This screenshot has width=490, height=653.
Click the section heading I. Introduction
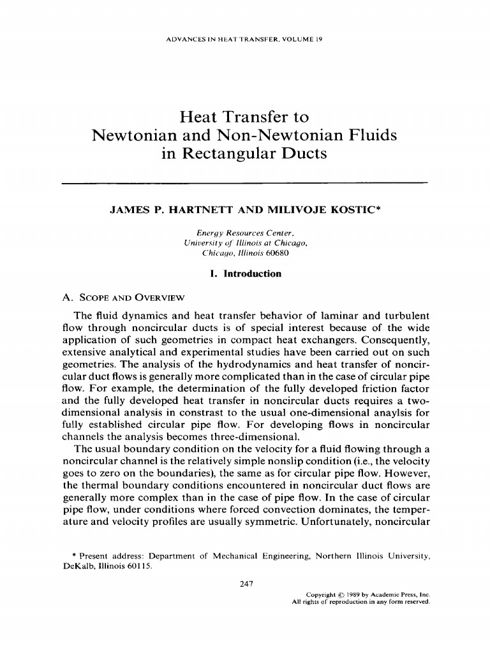(245, 274)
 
